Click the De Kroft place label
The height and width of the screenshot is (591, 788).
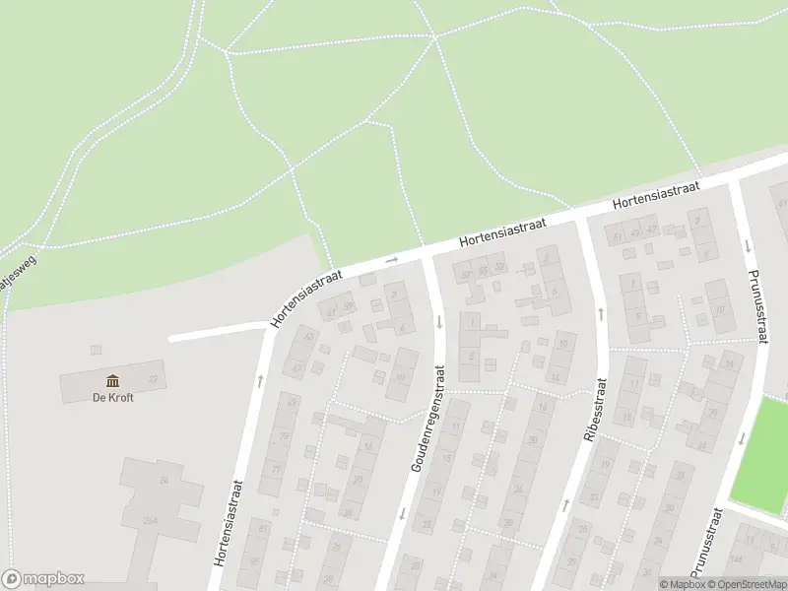pos(112,398)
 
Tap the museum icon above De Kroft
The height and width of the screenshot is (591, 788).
pos(112,381)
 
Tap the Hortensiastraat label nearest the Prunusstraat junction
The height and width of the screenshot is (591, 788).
pos(655,194)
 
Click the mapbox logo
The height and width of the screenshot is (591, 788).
pos(43,579)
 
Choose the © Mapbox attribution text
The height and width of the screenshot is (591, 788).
pos(683,584)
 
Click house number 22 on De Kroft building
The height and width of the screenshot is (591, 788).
pos(152,378)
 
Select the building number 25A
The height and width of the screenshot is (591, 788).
pos(150,520)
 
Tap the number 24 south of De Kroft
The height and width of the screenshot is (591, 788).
pos(164,480)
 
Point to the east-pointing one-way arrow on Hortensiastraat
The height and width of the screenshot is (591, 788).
pos(391,260)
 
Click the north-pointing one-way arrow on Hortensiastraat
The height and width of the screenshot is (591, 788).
pos(261,379)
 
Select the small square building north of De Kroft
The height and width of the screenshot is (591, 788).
pos(96,350)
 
